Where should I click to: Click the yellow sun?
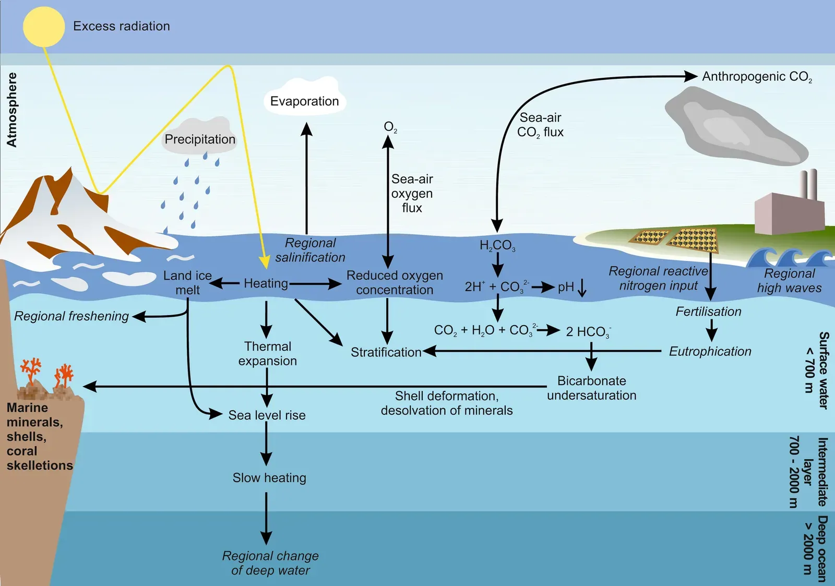[x=44, y=27]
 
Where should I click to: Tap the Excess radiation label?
[x=121, y=26]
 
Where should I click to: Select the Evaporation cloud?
[x=305, y=99]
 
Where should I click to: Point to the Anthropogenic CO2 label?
[x=756, y=77]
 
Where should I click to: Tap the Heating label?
[x=266, y=283]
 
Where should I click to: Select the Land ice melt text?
[x=187, y=283]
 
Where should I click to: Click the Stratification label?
[x=386, y=352]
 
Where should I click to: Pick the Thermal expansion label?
[x=268, y=354]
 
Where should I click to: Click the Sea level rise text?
[x=267, y=415]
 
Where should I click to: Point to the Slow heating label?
[x=269, y=478]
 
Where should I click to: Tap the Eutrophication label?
[x=710, y=352]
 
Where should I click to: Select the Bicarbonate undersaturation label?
[x=591, y=388]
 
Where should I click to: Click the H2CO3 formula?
[x=497, y=245]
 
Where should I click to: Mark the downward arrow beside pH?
[x=582, y=287]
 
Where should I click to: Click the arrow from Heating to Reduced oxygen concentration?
[x=315, y=284]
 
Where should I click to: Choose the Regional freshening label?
[x=71, y=316]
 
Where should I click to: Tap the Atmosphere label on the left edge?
[x=11, y=110]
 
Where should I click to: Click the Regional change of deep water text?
[x=270, y=563]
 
